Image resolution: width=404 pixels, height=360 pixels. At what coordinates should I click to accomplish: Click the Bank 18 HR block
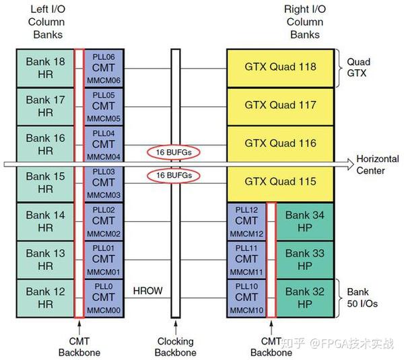[x=45, y=67]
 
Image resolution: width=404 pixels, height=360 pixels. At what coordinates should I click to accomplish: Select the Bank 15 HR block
[x=45, y=183]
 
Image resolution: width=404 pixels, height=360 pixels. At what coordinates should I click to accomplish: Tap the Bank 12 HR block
[x=45, y=298]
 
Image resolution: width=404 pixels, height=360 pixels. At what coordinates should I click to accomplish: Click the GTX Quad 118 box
[x=280, y=67]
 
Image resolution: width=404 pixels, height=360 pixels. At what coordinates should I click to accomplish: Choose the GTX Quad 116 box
[x=280, y=144]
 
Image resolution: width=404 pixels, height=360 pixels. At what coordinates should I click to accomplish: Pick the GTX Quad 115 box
[x=280, y=182]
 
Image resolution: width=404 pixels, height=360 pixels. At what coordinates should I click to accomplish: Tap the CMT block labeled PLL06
[x=104, y=67]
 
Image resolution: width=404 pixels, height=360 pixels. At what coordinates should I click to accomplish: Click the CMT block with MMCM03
[x=104, y=183]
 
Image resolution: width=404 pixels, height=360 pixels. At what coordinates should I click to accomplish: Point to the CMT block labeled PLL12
[x=246, y=221]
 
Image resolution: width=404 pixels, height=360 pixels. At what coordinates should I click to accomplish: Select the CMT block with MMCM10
[x=246, y=298]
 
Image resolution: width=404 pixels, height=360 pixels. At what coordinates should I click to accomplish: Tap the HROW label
[x=148, y=291]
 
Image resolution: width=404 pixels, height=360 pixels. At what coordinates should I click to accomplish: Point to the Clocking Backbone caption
[x=176, y=347]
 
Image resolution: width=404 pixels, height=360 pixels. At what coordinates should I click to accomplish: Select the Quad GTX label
[x=359, y=67]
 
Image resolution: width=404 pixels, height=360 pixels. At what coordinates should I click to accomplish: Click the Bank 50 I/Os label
[x=362, y=298]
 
